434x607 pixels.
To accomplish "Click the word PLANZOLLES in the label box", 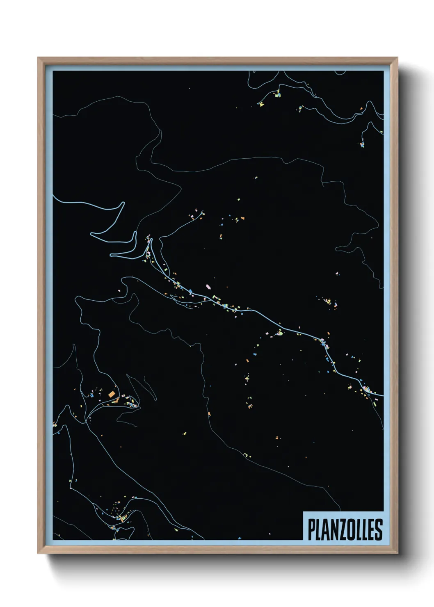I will (345, 529).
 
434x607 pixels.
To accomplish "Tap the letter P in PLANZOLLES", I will (311, 529).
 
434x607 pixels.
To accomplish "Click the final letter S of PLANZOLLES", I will (379, 529).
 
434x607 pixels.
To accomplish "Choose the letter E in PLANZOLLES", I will (371, 529).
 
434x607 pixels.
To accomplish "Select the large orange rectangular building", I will (111, 394).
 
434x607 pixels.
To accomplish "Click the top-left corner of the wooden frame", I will (38, 58).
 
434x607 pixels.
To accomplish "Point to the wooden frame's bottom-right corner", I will (397, 553).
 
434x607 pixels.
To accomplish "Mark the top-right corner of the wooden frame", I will (397, 58).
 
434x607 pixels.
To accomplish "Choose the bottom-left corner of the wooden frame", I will (38, 553).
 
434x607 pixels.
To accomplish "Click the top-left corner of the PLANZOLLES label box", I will (303, 512).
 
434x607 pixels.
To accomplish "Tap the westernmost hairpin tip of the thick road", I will (91, 234).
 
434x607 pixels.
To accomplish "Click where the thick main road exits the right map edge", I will (383, 396).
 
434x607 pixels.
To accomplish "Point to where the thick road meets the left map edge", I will (53, 196).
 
